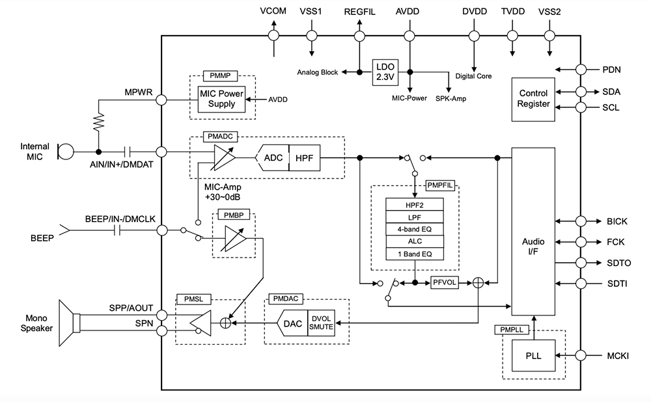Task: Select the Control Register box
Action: click(533, 99)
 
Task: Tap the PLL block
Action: click(533, 356)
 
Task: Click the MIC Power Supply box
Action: click(221, 99)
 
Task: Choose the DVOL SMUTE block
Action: click(321, 323)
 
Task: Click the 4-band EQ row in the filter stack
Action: click(415, 229)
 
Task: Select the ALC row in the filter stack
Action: click(415, 241)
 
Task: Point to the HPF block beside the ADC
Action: click(305, 157)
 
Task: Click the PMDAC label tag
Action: click(286, 299)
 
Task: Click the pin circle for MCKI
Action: click(581, 356)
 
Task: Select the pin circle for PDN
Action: click(581, 69)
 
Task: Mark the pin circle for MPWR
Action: click(161, 100)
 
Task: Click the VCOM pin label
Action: click(273, 11)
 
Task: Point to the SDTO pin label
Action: click(618, 263)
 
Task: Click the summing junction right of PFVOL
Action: click(478, 282)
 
